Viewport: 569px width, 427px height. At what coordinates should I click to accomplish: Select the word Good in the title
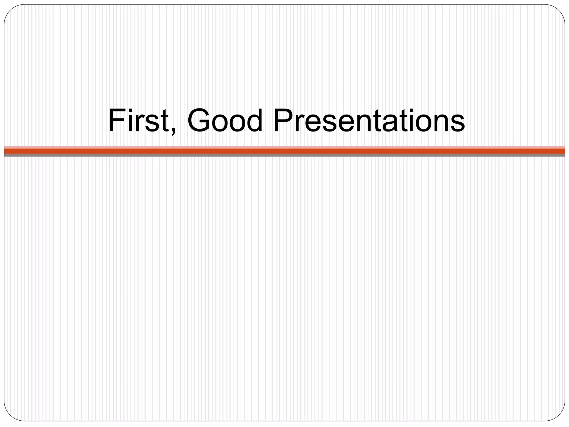[225, 120]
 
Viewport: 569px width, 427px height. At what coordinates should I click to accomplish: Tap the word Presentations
[369, 120]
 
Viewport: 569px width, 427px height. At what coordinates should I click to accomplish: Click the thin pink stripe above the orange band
[284, 147]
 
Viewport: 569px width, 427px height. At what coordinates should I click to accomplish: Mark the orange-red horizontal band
[284, 151]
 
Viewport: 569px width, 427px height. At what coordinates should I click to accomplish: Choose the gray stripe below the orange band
[284, 155]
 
